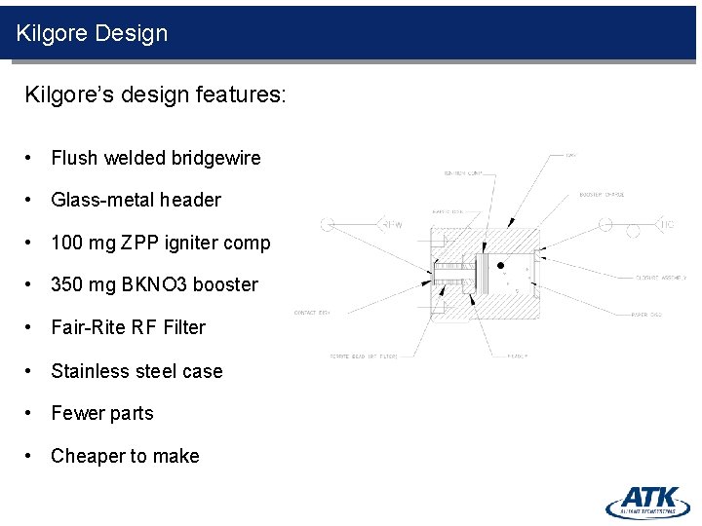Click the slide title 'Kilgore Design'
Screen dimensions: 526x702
[92, 33]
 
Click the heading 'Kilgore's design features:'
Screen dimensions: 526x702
[154, 95]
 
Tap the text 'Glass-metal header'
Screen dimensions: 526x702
[136, 200]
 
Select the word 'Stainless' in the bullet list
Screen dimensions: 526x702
[90, 371]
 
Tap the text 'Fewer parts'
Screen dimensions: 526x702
[102, 413]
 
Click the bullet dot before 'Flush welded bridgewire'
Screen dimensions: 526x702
[32, 158]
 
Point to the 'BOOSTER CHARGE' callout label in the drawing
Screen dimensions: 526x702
[602, 195]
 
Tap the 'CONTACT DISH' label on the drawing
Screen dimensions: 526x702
[312, 313]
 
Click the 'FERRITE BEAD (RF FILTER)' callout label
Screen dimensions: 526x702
[361, 357]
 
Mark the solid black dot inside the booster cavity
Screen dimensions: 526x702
[501, 264]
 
